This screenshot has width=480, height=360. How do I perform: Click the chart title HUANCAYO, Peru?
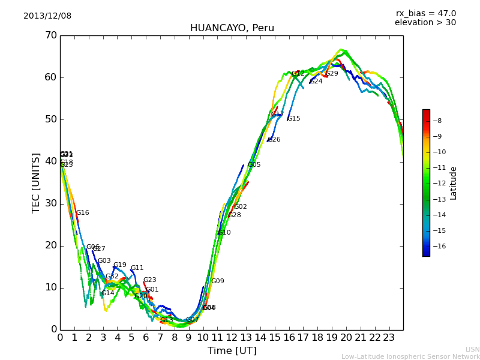pos(232,28)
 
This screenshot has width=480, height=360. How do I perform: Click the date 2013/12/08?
pos(47,16)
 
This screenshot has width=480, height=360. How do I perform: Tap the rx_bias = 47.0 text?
pos(425,14)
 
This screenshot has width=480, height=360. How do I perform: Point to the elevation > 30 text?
pos(425,23)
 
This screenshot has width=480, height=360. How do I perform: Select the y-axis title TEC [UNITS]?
pos(36,182)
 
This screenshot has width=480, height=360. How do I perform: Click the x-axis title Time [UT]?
pos(232,351)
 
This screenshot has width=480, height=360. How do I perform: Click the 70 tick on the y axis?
pos(50,35)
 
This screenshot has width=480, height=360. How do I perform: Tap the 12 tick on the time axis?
pos(232,338)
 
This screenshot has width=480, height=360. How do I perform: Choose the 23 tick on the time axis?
pos(389,338)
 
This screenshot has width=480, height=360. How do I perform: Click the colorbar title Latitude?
pos(454,183)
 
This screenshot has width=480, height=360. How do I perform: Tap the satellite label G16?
pos(82,213)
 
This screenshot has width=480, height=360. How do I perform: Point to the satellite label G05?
pos(254,165)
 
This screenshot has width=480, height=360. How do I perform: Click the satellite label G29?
pos(332,74)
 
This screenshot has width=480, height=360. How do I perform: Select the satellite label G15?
pos(294,119)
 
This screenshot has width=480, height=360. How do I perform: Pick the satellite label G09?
pos(217,281)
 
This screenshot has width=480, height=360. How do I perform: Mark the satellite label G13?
pos(166,320)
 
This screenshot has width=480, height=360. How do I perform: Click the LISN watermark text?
pos(472,349)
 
